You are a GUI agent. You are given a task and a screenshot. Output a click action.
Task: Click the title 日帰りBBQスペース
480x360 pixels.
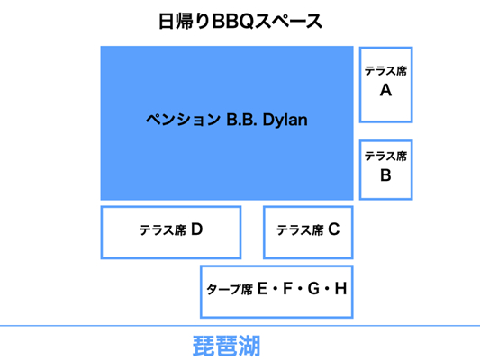(240, 22)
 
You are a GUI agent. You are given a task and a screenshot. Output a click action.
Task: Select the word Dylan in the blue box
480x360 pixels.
(285, 121)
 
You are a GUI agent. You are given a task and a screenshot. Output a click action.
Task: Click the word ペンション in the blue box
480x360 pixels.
(183, 120)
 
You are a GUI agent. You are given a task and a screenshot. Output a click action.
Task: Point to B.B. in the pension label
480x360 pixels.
(241, 120)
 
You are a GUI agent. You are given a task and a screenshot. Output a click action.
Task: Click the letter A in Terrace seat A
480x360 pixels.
(385, 91)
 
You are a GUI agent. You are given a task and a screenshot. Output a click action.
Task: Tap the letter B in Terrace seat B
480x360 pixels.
(385, 175)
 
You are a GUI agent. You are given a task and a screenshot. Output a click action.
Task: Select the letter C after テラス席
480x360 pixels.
(334, 229)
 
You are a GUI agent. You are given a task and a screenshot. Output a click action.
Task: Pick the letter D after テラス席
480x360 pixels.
(197, 229)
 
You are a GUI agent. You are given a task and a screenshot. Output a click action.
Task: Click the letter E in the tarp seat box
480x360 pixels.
(262, 288)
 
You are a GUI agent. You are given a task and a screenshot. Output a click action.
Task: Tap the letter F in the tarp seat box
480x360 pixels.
(287, 288)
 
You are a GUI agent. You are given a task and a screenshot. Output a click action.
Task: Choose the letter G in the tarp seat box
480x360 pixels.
(313, 288)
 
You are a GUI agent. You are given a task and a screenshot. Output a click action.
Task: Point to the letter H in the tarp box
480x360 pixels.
(340, 288)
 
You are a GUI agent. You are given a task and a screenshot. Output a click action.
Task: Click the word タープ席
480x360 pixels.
(230, 289)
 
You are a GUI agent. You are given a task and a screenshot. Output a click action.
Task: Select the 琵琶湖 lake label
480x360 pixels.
(227, 346)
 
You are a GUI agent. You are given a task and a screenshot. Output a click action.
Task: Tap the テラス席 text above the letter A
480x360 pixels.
(385, 71)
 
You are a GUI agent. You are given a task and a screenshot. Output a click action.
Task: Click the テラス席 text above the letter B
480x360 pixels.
(385, 157)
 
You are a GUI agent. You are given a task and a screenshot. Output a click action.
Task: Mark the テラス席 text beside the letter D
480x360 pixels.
(163, 230)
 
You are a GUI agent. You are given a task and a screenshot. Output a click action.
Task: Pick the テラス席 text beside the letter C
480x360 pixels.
(300, 230)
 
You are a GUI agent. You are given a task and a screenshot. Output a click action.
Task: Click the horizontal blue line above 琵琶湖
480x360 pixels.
(240, 326)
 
